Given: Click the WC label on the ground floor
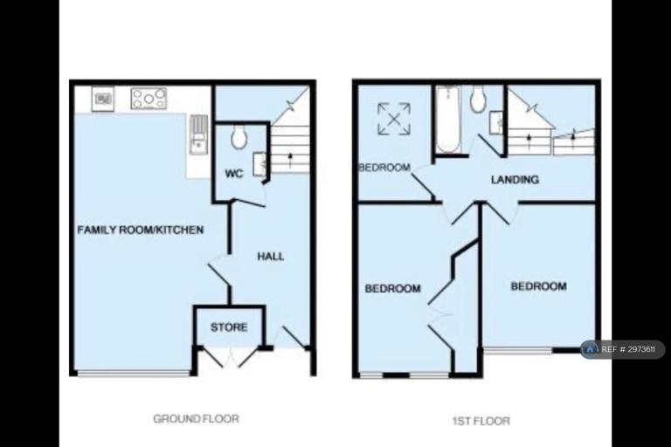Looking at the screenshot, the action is pyautogui.click(x=234, y=174).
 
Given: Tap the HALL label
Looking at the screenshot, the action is pyautogui.click(x=271, y=256).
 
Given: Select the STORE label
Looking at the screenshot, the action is pyautogui.click(x=229, y=327).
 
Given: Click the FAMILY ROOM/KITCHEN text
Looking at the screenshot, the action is pyautogui.click(x=141, y=230).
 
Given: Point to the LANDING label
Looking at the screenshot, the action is pyautogui.click(x=515, y=180).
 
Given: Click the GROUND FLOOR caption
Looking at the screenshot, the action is pyautogui.click(x=196, y=418).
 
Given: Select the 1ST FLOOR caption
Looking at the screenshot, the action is pyautogui.click(x=481, y=422).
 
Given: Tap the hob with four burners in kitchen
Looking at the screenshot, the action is pyautogui.click(x=149, y=99).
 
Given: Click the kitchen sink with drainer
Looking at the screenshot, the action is pyautogui.click(x=198, y=134).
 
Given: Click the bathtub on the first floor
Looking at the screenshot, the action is pyautogui.click(x=447, y=120).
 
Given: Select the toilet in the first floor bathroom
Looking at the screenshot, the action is pyautogui.click(x=478, y=99).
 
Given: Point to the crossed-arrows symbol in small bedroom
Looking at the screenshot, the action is pyautogui.click(x=394, y=119).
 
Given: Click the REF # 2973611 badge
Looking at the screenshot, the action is pyautogui.click(x=623, y=349).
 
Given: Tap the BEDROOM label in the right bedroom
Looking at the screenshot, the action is pyautogui.click(x=539, y=285).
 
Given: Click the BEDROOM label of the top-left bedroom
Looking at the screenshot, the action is pyautogui.click(x=384, y=168).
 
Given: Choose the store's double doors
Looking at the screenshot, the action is pyautogui.click(x=230, y=357).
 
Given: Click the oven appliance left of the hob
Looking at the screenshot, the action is pyautogui.click(x=103, y=99).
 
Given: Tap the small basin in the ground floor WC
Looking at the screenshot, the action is pyautogui.click(x=259, y=164).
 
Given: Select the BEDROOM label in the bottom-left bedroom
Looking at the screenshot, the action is pyautogui.click(x=392, y=289).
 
